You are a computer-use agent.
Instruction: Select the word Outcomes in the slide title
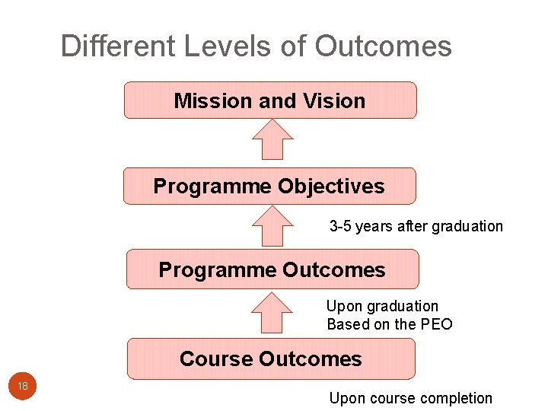coord(383,46)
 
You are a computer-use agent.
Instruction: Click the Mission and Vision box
coord(270,100)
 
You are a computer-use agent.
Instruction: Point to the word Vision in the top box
coord(334,100)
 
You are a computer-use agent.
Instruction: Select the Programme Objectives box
coord(269,186)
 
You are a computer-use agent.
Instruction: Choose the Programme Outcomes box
coord(272,269)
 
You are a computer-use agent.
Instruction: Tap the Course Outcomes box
coord(271,358)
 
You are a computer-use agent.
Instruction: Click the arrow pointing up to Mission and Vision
coord(272,139)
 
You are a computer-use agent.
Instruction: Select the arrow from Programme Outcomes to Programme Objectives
coord(272,226)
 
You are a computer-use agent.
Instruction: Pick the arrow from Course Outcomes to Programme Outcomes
coord(272,312)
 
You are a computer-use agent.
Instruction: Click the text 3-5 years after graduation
coord(416,226)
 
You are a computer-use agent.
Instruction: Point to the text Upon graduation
coord(382,306)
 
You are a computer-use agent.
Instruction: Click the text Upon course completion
coord(410,398)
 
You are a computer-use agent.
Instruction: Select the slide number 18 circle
coord(23,387)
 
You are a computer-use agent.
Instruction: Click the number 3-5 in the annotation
coord(340,226)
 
